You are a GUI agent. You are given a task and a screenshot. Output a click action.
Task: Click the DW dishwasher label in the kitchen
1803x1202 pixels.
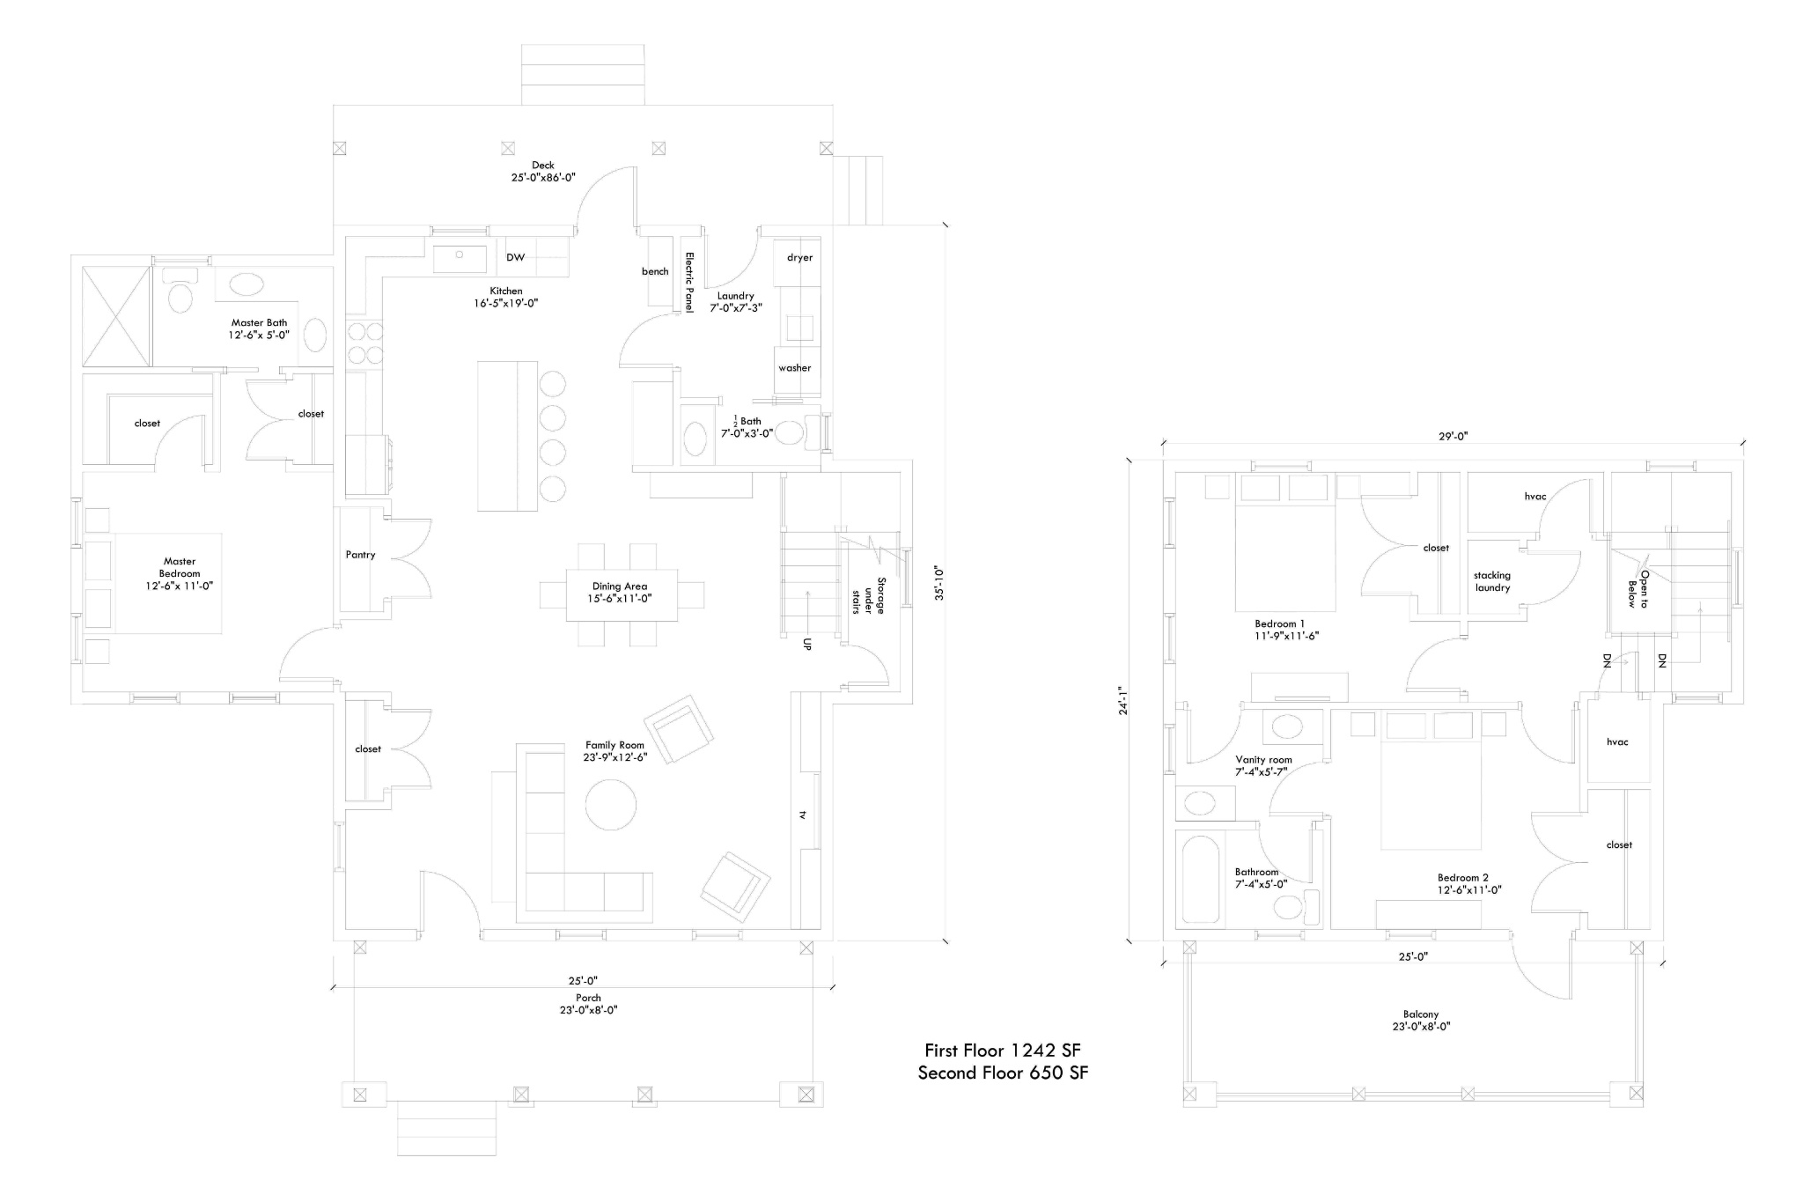point(516,257)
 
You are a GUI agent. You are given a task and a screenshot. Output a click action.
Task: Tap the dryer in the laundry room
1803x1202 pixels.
point(799,261)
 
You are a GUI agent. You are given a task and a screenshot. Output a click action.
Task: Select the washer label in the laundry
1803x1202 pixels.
point(794,368)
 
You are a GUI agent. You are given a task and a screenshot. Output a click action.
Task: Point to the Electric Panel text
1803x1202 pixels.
point(690,283)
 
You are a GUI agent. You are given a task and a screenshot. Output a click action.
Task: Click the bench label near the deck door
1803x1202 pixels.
point(655,271)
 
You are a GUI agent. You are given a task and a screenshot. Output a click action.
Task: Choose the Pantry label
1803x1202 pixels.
point(360,555)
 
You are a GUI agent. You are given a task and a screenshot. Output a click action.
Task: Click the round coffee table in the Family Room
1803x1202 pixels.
point(611,805)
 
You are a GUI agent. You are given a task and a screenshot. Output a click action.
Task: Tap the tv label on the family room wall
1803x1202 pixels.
point(802,815)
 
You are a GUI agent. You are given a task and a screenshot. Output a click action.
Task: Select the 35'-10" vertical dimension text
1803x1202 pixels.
point(939,583)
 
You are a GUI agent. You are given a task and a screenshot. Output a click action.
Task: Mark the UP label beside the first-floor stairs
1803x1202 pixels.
point(807,644)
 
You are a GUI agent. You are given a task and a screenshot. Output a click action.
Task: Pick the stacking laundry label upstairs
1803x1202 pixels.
point(1492,581)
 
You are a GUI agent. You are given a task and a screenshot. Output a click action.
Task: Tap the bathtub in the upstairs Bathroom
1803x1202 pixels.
point(1199,880)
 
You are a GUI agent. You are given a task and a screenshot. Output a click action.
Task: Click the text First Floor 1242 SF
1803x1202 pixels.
point(1003,1051)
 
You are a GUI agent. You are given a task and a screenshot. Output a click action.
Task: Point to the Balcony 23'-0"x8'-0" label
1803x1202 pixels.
point(1422,1021)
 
